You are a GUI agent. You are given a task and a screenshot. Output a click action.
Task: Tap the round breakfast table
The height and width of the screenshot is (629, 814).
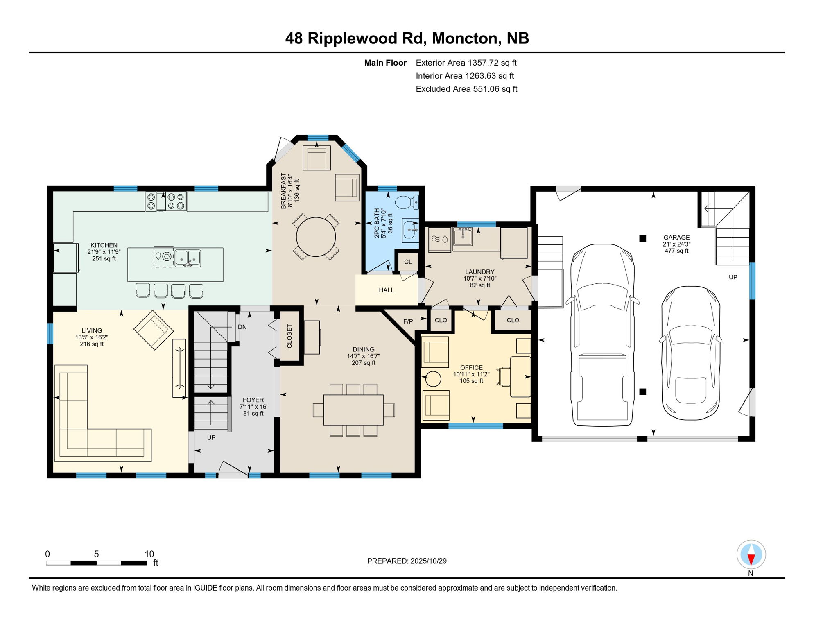tap(316, 237)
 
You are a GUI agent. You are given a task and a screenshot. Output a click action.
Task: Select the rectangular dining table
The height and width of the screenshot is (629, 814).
tap(353, 410)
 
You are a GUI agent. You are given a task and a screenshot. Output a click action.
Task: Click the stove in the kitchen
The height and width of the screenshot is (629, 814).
tap(166, 201)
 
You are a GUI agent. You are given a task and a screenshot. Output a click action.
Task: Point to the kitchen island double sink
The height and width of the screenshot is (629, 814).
tap(188, 258)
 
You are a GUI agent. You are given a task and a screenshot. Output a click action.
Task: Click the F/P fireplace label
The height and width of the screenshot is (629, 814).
tap(408, 321)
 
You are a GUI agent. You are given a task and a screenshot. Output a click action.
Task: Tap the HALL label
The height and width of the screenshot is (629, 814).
tap(386, 290)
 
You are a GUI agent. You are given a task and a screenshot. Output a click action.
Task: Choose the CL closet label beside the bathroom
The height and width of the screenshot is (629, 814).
tap(408, 262)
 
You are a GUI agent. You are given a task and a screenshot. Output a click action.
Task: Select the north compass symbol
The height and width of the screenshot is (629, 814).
tap(751, 555)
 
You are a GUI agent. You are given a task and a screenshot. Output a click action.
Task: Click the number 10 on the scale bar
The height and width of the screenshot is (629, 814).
tap(149, 554)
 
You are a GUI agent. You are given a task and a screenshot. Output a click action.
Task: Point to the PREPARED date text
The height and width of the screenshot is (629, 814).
tap(407, 561)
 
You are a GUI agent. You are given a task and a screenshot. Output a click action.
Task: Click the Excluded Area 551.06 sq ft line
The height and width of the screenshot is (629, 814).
tap(466, 89)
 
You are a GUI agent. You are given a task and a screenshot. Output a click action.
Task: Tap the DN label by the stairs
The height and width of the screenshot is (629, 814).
tap(242, 327)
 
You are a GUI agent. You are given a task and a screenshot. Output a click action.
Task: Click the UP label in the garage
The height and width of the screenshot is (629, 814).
tap(733, 277)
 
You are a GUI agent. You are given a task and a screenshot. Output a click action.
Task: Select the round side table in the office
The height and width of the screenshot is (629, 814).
tap(433, 379)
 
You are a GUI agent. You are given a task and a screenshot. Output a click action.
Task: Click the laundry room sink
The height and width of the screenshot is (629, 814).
tap(463, 237)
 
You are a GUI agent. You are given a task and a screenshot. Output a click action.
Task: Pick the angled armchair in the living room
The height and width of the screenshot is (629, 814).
tap(154, 330)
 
